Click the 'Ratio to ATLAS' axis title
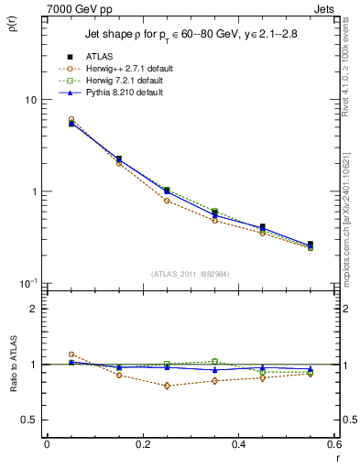tap(13, 364)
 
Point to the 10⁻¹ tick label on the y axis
tap(28, 283)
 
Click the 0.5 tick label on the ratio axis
tap(29, 420)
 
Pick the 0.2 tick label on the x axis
tap(143, 444)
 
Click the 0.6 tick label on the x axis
tap(334, 444)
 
